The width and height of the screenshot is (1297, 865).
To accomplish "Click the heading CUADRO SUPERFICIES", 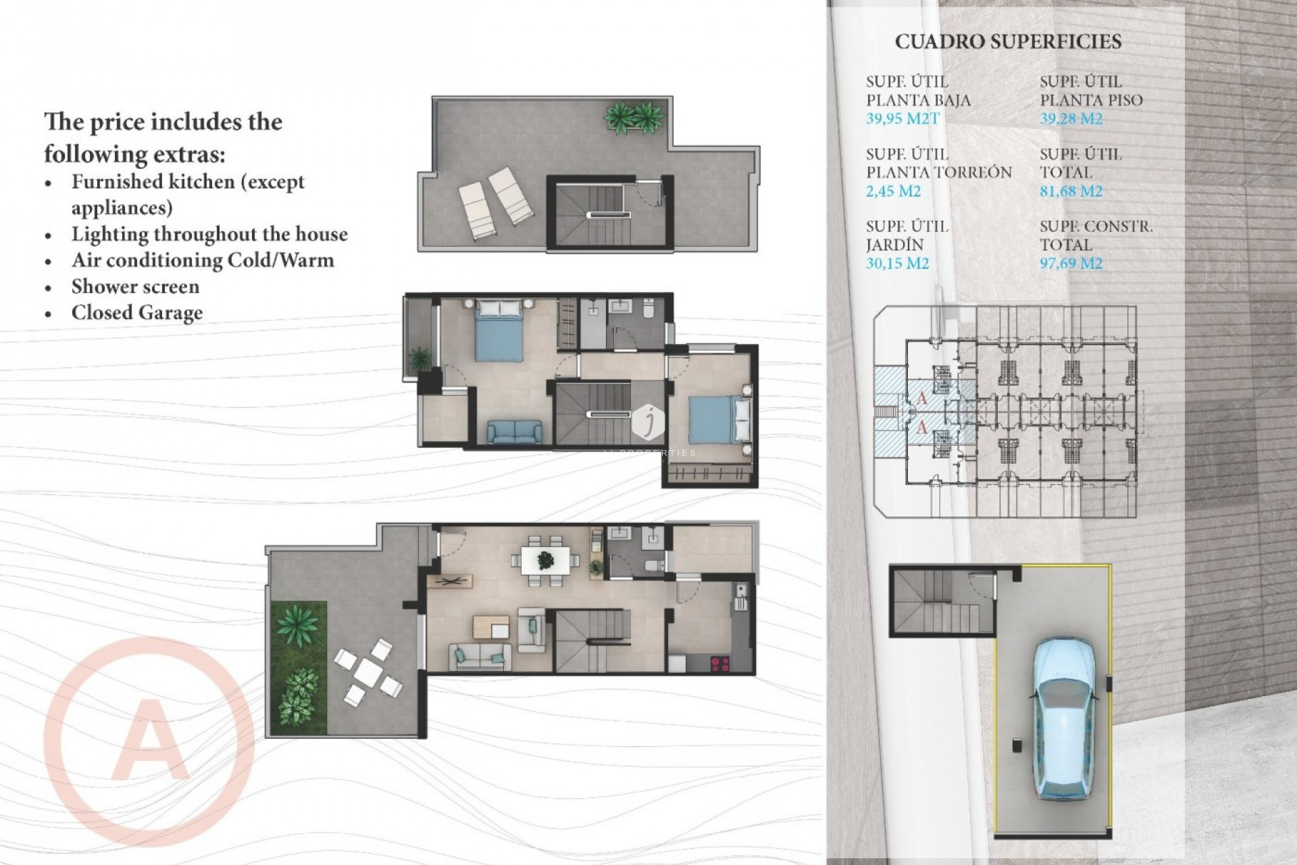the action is [1008, 42].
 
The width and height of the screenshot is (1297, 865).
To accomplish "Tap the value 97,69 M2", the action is [1071, 264].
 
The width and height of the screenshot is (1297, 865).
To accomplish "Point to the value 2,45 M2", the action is [893, 191].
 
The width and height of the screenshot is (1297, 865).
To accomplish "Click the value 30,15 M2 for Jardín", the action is [897, 264].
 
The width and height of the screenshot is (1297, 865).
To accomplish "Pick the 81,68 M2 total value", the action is [1071, 191].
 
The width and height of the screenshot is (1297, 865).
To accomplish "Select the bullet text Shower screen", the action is [135, 287].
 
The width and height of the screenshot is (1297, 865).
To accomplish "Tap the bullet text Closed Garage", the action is [137, 313].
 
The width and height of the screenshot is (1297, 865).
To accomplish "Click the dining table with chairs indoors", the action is [545, 560].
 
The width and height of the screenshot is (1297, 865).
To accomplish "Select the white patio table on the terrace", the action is [368, 671].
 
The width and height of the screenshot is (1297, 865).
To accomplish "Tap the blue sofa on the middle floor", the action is [514, 431].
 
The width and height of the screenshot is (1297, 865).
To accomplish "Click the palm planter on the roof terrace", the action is [634, 118].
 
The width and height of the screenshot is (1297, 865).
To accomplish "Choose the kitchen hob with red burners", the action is [720, 664].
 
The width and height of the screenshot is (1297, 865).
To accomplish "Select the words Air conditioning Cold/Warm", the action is [203, 261].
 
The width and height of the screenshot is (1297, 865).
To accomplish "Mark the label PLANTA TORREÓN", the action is [939, 172].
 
